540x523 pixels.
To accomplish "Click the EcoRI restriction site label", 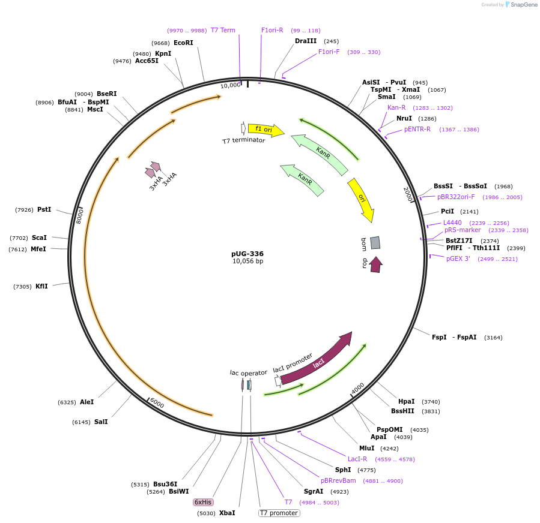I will click(183, 43).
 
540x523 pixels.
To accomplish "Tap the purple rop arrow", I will click(376, 264).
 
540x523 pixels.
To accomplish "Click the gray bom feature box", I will click(375, 242).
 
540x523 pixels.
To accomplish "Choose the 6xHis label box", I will click(202, 502).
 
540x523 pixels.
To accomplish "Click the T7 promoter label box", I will click(279, 513).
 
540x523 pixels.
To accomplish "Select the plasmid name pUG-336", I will click(247, 254).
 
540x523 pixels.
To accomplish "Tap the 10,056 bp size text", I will click(247, 261).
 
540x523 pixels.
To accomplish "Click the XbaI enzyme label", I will click(227, 513).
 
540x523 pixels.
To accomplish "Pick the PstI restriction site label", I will click(44, 209).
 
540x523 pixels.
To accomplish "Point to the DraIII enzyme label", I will click(305, 41).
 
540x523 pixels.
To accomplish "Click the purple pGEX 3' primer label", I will click(458, 259).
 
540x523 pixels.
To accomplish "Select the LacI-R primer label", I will click(357, 459).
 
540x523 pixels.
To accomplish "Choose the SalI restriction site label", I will click(101, 422).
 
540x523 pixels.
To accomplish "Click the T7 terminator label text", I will click(243, 141).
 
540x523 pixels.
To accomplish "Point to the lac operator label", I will click(248, 372).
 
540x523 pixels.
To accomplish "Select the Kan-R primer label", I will click(396, 107).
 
